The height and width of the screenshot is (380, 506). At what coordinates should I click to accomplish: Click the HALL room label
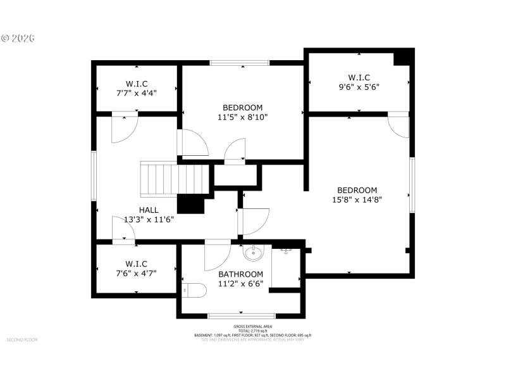(x=149, y=210)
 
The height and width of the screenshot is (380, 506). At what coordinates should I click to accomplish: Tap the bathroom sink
(x=254, y=254)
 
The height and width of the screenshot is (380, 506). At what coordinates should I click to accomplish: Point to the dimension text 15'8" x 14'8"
(x=357, y=199)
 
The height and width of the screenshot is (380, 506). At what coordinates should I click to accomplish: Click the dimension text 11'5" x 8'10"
(x=242, y=117)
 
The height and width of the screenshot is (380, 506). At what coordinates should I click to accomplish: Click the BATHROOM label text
(x=240, y=274)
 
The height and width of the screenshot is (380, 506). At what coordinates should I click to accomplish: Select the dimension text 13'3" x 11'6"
(x=149, y=219)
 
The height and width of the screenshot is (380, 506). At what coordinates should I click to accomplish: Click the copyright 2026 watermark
(x=18, y=38)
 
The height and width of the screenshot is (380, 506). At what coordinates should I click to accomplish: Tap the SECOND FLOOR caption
(x=22, y=339)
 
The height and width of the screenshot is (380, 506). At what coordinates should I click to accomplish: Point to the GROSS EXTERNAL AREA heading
(x=252, y=326)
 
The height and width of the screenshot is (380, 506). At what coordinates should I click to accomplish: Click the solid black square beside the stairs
(x=191, y=204)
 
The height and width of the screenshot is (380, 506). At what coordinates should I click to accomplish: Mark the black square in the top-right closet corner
(x=402, y=57)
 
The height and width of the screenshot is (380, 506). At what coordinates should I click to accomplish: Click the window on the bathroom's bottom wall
(x=242, y=315)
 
